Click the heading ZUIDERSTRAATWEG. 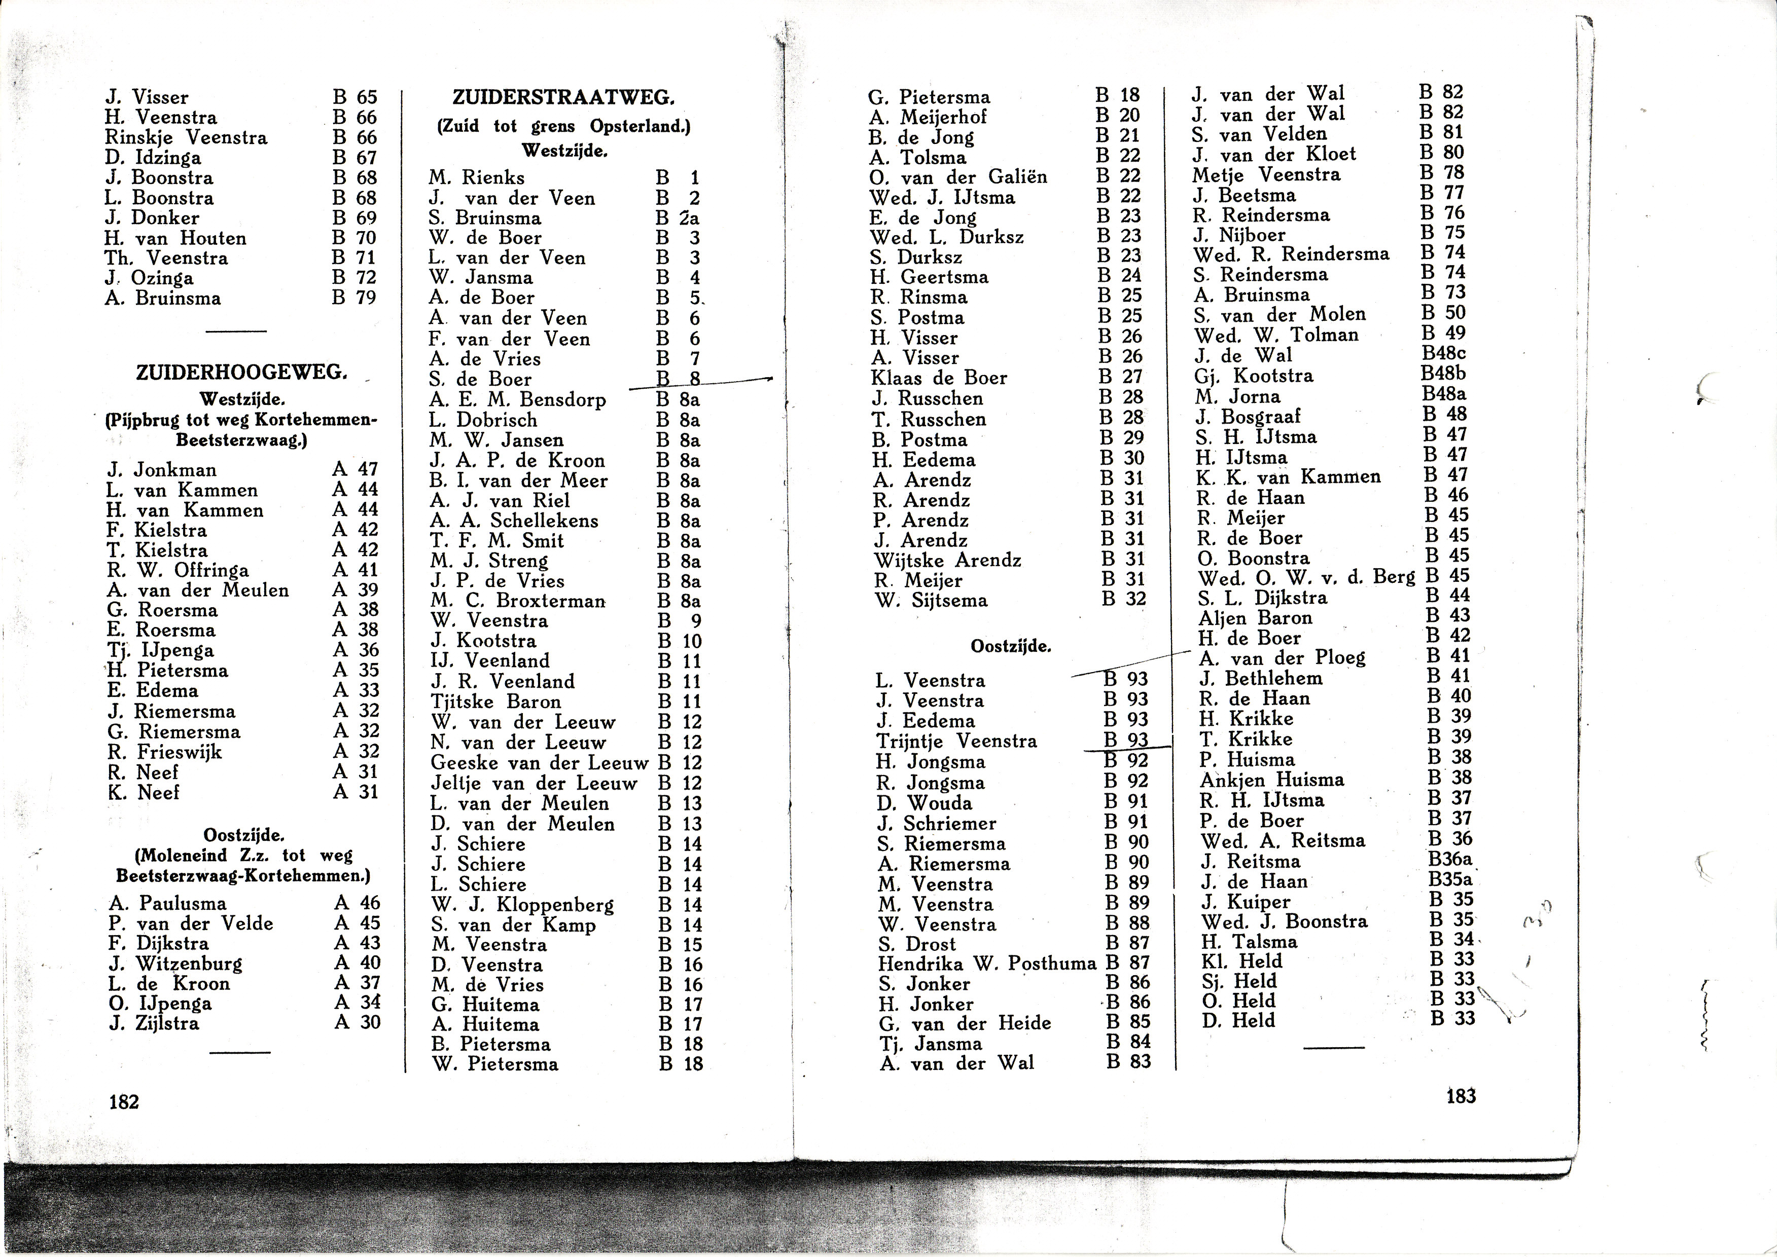[563, 97]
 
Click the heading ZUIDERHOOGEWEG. [241, 373]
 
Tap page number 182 [124, 1101]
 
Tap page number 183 [1461, 1095]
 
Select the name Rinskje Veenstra [186, 138]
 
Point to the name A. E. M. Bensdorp [517, 400]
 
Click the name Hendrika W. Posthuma [986, 964]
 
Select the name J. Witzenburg [176, 964]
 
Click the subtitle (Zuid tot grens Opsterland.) [563, 126]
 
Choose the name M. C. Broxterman [518, 601]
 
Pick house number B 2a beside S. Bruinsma [678, 218]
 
